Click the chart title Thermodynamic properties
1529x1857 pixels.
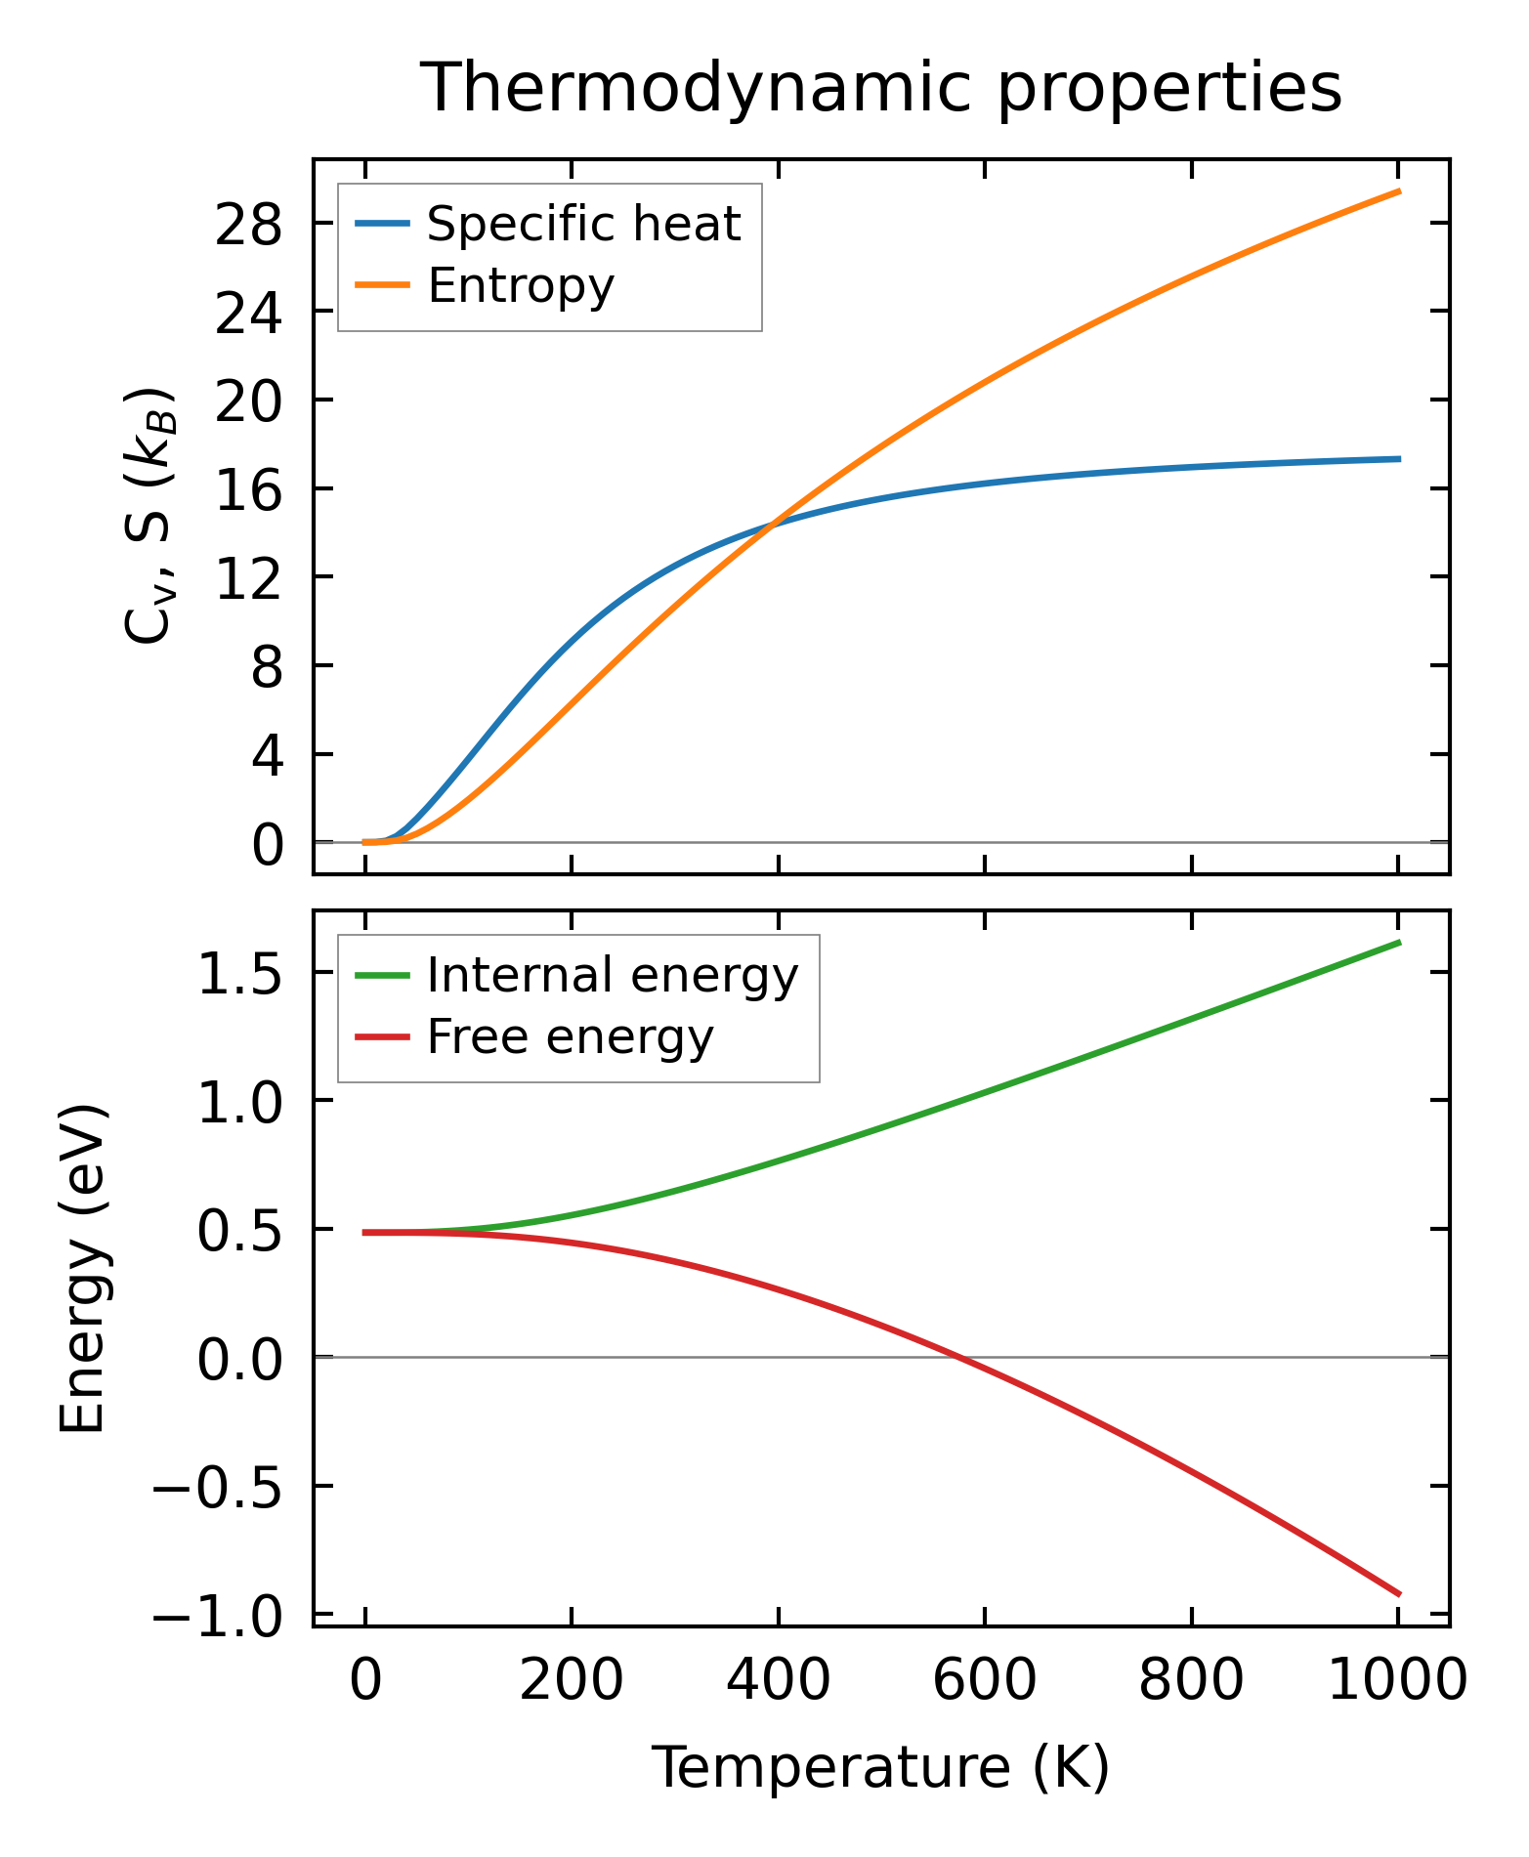coord(880,89)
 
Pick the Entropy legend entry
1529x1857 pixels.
coord(520,286)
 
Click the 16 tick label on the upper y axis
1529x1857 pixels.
coord(248,490)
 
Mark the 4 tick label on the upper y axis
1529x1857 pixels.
coord(266,756)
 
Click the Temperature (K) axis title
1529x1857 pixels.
coord(880,1767)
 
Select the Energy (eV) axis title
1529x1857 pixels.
coord(82,1269)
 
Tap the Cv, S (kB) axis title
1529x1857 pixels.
coord(149,515)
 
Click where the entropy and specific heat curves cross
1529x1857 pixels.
coord(773,525)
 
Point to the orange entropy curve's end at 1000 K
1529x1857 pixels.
coord(1399,191)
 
